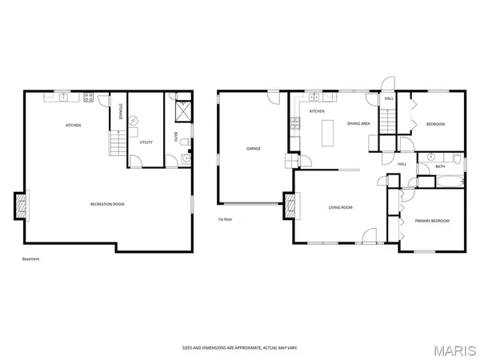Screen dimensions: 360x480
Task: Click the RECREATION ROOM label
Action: point(107,204)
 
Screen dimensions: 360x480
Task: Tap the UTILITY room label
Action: point(146,142)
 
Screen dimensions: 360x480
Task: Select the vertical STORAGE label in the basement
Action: point(121,112)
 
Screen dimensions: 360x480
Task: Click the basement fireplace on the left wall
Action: point(22,206)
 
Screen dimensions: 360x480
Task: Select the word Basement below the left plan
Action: point(30,258)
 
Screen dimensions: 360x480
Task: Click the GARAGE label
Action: point(254,148)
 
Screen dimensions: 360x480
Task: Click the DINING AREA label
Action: point(358,124)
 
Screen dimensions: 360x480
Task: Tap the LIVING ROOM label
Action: point(340,207)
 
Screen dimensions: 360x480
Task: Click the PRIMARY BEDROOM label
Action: point(431,221)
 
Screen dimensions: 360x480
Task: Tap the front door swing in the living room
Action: point(369,235)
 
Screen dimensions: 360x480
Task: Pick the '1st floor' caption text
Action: point(225,219)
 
